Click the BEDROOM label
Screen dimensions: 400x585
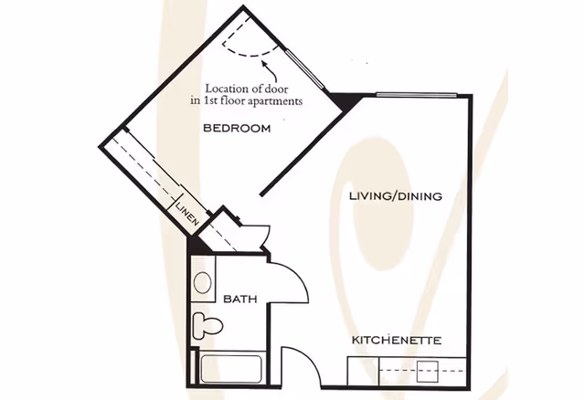click(237, 129)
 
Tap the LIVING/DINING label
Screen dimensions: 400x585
click(396, 196)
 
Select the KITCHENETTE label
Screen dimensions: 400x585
click(397, 341)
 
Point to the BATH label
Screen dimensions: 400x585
click(239, 299)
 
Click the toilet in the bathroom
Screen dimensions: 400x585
click(207, 324)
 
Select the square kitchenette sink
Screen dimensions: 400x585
click(430, 371)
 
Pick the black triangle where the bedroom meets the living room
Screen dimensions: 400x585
click(343, 101)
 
